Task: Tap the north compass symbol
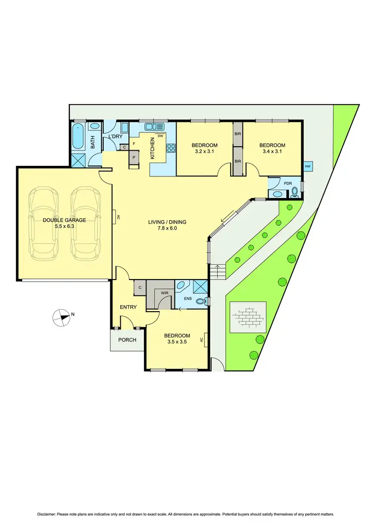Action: [x=62, y=317]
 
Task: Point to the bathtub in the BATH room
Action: [x=78, y=136]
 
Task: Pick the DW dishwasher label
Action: [x=160, y=136]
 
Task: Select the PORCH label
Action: [x=127, y=340]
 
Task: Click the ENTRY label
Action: [x=128, y=307]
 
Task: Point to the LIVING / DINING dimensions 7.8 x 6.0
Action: [x=167, y=229]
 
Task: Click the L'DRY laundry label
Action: [x=115, y=136]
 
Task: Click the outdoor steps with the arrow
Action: [x=217, y=271]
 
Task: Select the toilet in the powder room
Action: [x=295, y=191]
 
